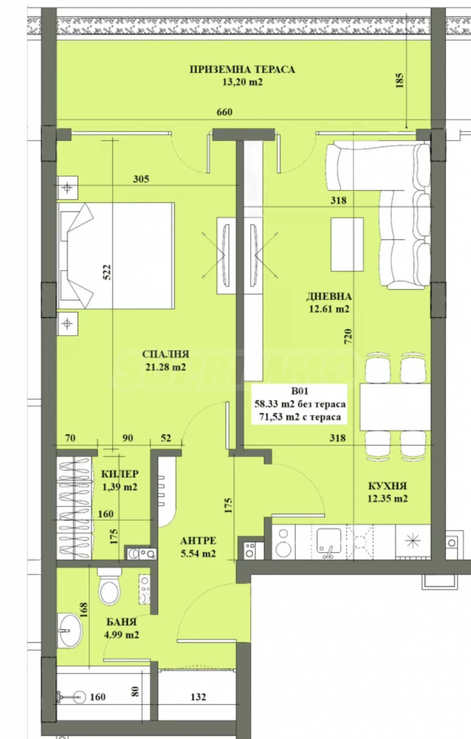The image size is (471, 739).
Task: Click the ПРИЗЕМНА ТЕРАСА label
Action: pos(242,70)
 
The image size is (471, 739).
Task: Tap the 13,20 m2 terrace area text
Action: pos(242,82)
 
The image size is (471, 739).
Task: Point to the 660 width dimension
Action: pos(225,112)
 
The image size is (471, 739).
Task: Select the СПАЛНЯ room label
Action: pos(165,354)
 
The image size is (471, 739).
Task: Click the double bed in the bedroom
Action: pos(116,255)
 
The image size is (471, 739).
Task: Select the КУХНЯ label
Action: pos(387,486)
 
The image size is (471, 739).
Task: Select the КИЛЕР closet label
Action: pos(120,474)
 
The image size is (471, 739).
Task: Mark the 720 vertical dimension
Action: pos(348,336)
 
